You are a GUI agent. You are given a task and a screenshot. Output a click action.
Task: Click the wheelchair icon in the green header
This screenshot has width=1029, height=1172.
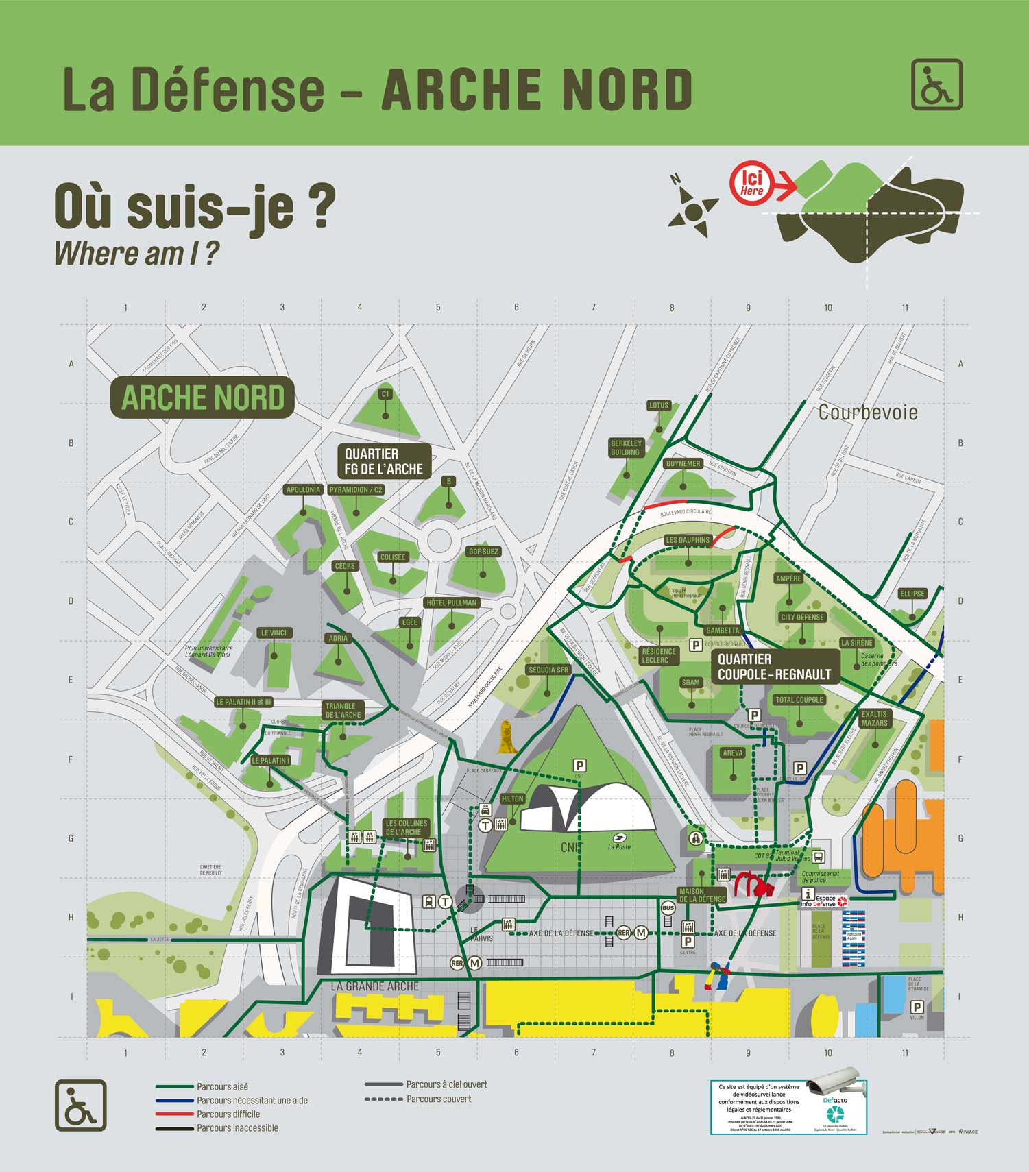pos(936,85)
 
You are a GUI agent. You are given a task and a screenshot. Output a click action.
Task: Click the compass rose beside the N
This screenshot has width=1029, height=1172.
pos(693,210)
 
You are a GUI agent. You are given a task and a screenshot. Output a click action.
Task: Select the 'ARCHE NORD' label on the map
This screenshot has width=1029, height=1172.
pos(202,398)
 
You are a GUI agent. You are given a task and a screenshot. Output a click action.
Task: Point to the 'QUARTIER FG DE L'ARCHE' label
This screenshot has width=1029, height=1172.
pos(384,461)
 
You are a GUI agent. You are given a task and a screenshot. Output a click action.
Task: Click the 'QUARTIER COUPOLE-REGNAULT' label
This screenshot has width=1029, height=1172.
pos(774,667)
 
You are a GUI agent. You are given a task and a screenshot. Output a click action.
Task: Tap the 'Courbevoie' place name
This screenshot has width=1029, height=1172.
pos(868,413)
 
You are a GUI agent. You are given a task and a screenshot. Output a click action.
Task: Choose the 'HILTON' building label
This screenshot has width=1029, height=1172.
pos(512,798)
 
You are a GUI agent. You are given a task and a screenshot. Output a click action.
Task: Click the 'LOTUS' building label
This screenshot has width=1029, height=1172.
pos(658,405)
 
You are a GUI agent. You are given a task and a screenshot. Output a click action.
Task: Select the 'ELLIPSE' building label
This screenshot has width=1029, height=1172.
pos(912,594)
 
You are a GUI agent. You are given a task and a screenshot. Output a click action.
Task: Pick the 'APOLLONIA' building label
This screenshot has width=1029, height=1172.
pos(303,489)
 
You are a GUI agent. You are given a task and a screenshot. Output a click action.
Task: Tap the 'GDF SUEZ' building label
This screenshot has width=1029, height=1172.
pos(483,551)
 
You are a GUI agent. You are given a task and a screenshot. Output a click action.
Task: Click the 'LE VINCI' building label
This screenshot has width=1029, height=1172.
pos(274,633)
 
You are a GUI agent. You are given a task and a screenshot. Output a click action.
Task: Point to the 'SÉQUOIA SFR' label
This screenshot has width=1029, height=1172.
pos(548,670)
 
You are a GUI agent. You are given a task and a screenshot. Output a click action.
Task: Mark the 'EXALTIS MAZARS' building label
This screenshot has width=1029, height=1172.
pos(874,718)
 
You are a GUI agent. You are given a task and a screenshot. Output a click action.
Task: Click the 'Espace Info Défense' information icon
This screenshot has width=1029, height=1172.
pos(808,894)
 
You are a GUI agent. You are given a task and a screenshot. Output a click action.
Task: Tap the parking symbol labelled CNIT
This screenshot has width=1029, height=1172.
pos(579,766)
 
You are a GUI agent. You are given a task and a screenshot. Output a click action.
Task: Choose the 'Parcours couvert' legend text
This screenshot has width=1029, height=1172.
pos(439,1099)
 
